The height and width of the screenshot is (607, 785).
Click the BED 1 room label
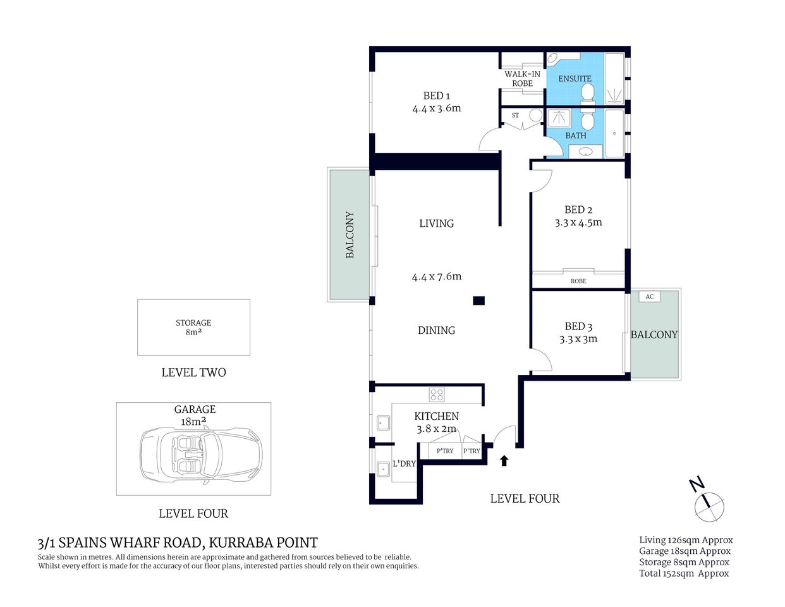pos(436,96)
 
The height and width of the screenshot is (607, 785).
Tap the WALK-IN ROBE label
pos(522,78)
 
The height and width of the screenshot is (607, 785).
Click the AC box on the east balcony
pos(649,297)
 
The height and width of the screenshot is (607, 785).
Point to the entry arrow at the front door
pos(504,460)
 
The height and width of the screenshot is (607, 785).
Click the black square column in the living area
pos(478,301)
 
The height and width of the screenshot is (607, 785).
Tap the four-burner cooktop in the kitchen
pos(437,395)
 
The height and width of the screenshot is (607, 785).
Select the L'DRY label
pos(404,463)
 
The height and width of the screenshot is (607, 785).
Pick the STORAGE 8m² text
pos(193,327)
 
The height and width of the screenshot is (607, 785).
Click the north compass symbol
pos(709,505)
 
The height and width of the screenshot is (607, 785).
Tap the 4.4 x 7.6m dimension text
pos(436,276)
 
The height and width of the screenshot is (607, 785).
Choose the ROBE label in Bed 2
pos(578,281)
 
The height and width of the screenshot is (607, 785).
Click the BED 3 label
pos(578,326)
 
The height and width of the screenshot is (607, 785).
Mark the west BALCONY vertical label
pos(350,235)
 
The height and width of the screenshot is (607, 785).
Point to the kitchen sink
pos(383,422)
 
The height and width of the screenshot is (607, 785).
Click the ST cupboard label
pos(515,115)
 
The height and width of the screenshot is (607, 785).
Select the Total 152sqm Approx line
pos(684,573)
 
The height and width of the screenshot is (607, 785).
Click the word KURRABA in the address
pos(239,543)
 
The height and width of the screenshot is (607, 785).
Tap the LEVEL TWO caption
pos(193,372)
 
